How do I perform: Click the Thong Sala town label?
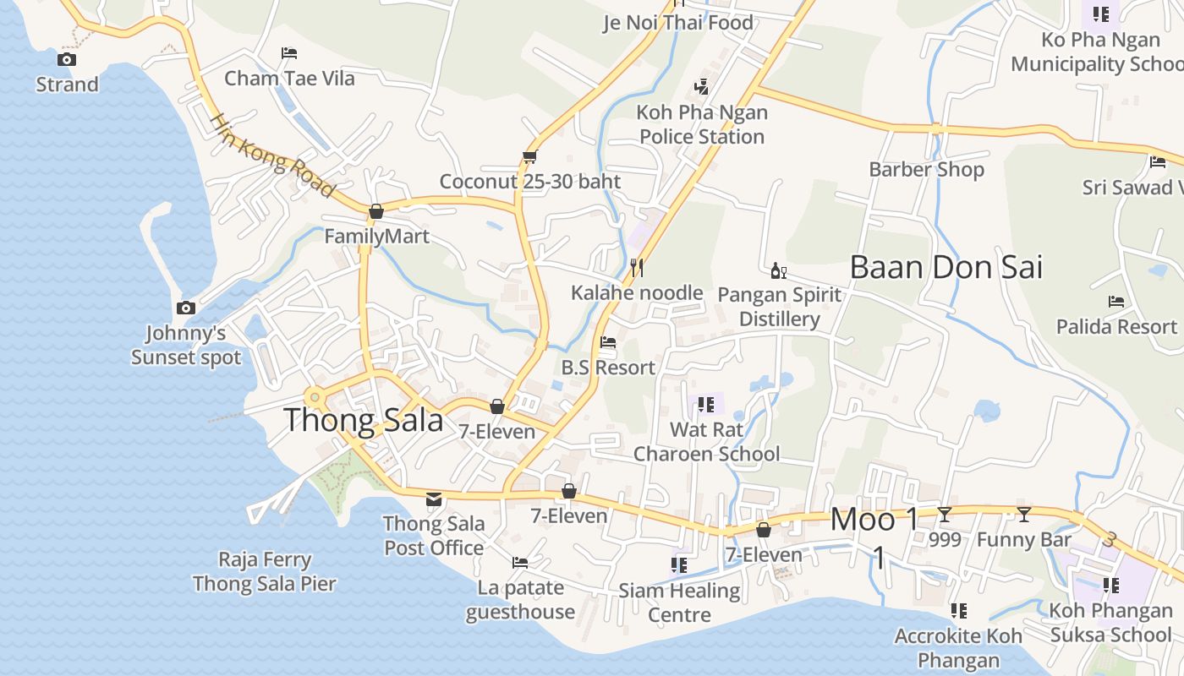tap(363, 420)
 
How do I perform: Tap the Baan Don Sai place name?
tap(946, 267)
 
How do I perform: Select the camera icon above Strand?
tap(67, 59)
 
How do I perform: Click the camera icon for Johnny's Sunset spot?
tap(186, 308)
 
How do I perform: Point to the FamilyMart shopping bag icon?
tap(376, 211)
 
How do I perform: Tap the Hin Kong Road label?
tap(271, 156)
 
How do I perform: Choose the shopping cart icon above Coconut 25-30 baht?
tap(530, 156)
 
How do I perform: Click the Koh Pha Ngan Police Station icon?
tap(701, 86)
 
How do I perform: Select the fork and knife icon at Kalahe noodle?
tap(637, 268)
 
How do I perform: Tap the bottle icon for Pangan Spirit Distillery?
tap(778, 271)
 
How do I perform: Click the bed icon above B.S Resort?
tap(607, 343)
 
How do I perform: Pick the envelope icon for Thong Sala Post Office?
tap(434, 499)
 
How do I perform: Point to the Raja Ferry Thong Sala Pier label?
tap(264, 571)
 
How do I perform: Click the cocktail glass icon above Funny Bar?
tap(1024, 514)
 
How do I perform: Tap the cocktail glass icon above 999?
tap(945, 514)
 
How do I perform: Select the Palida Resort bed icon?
tap(1116, 302)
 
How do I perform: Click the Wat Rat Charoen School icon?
tap(706, 405)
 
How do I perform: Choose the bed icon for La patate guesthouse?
tap(520, 563)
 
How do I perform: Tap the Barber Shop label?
tap(926, 169)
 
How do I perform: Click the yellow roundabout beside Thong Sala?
tap(315, 396)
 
